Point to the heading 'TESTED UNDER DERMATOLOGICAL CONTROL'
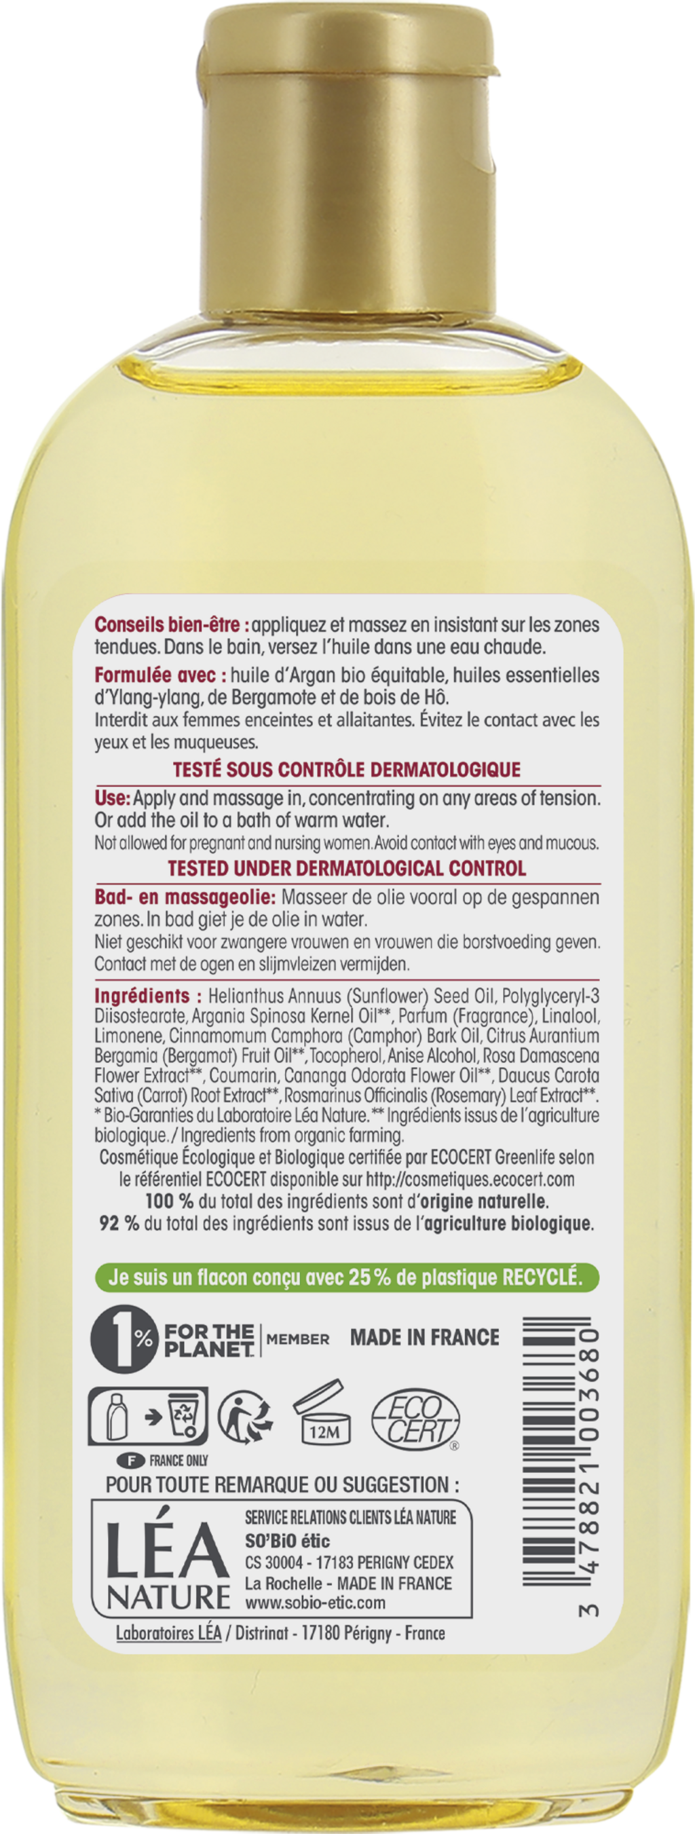(x=347, y=869)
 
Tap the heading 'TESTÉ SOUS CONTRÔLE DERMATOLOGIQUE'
(x=347, y=770)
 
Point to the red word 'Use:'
(x=113, y=798)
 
